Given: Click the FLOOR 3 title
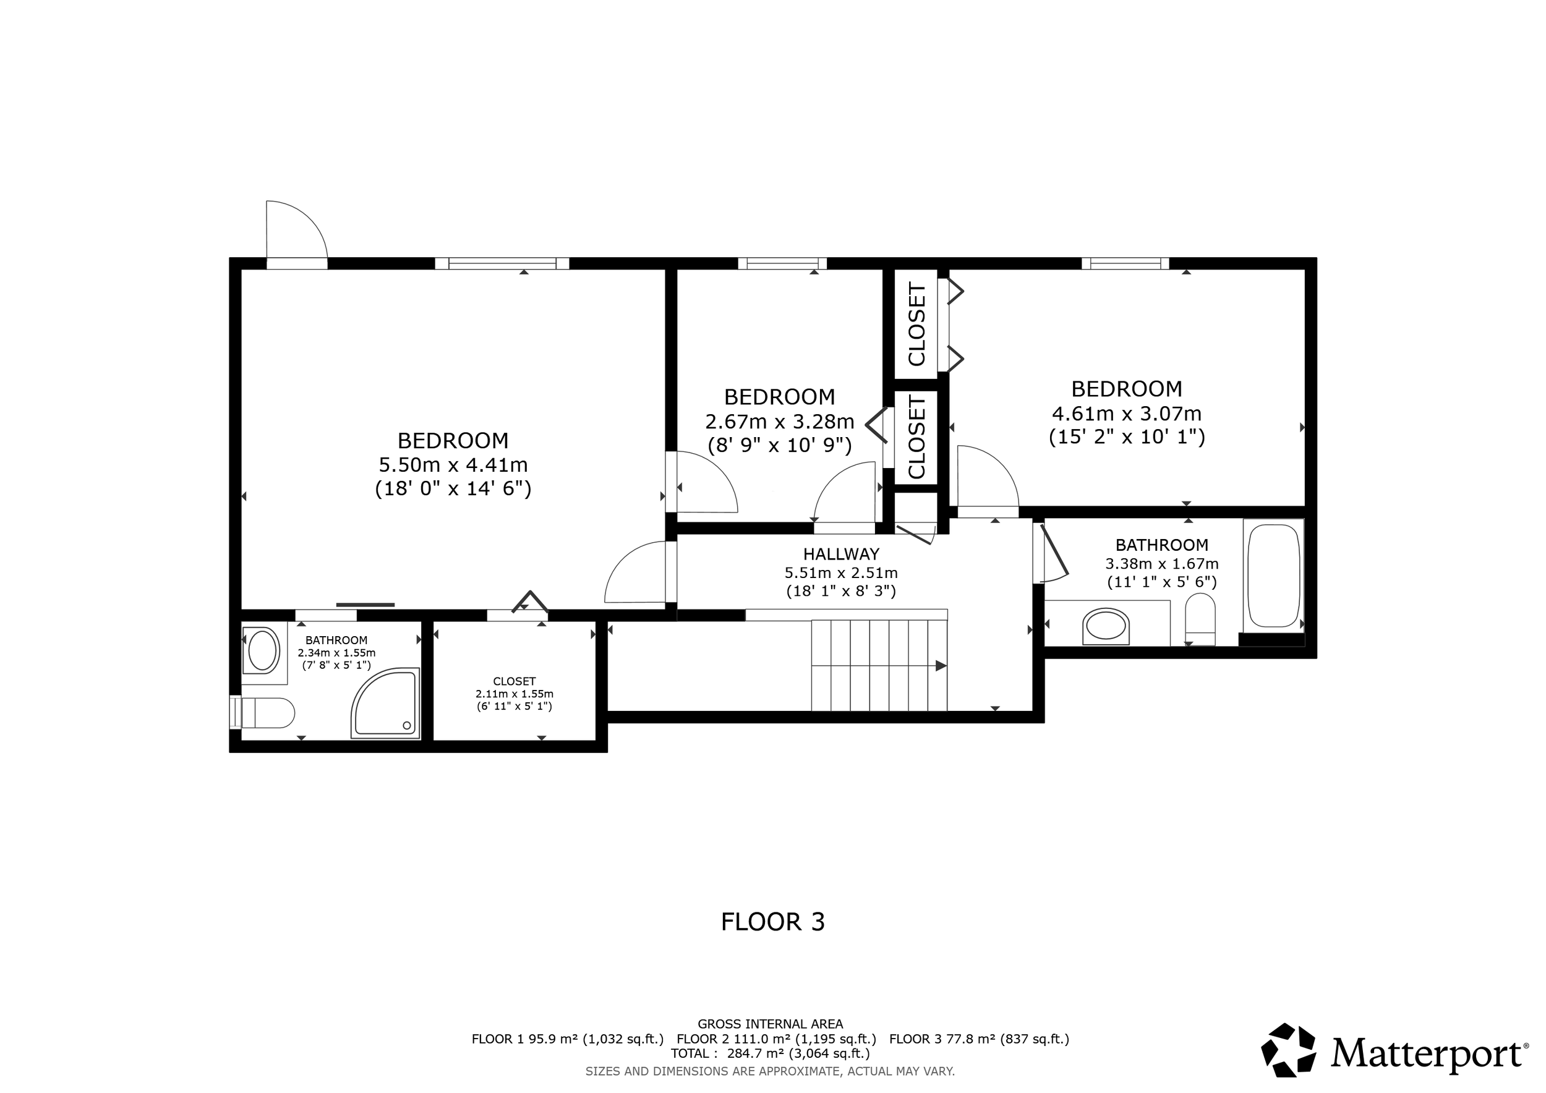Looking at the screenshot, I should pos(772,921).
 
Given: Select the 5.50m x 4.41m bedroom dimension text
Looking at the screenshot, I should pos(453,465).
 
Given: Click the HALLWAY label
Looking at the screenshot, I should pos(841,554).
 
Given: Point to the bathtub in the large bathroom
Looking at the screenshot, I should pos(1273,576).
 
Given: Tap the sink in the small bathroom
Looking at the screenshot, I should pos(262,651).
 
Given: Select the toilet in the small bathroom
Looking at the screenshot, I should pos(267,713).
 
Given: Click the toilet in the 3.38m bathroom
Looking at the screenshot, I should pos(1200,618).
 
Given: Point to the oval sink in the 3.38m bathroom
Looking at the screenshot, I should pos(1106,626).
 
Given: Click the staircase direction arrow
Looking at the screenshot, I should pos(940,666).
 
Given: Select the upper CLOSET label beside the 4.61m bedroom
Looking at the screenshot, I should pos(916,325).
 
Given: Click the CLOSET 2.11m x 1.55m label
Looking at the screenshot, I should pos(514,693).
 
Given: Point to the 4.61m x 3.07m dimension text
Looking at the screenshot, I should pos(1126,413).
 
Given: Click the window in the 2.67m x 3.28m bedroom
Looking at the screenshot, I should pos(782,263).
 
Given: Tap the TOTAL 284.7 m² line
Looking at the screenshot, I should pos(770,1053).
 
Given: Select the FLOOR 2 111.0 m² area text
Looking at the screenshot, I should pos(775,1039).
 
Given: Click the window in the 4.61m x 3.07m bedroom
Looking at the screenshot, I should pos(1124,263).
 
